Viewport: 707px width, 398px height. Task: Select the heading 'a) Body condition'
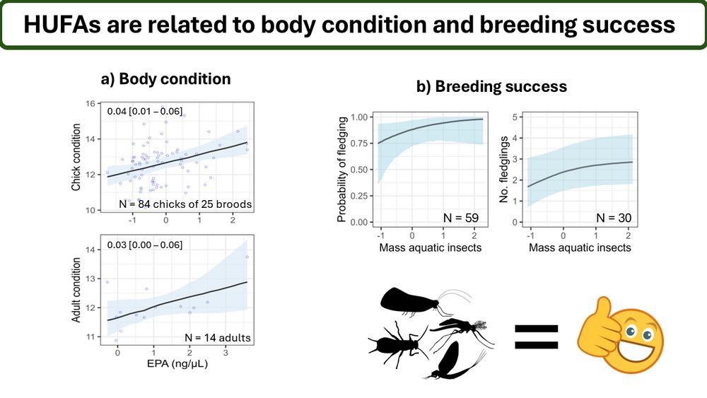(x=165, y=78)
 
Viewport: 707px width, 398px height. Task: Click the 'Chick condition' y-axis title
(x=76, y=158)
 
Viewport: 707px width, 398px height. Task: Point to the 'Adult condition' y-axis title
(x=76, y=291)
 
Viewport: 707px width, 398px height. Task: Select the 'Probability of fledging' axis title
(x=342, y=170)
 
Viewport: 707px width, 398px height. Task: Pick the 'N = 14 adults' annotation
(x=216, y=338)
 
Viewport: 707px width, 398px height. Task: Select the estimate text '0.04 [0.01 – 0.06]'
(x=144, y=111)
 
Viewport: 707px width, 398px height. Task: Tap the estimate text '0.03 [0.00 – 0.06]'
(x=144, y=245)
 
